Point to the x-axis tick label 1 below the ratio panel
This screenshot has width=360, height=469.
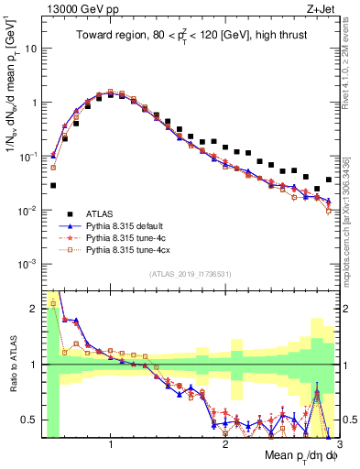(x=111, y=444)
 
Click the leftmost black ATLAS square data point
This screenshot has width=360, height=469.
(x=53, y=185)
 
